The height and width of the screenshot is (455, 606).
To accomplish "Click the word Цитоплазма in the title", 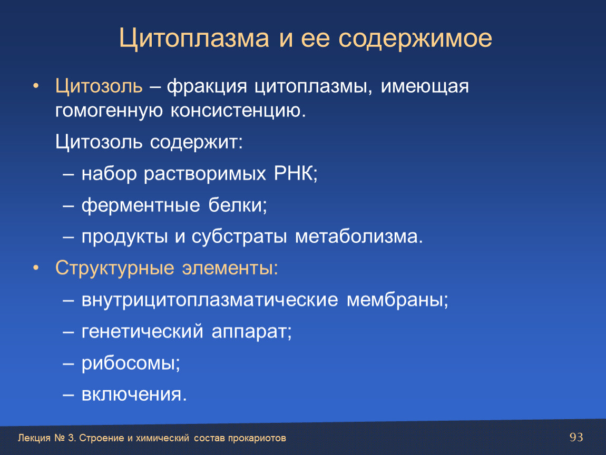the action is [194, 38].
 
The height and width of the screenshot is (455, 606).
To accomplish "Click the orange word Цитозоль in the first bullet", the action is [99, 86].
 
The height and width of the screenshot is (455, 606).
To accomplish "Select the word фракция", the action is [207, 86].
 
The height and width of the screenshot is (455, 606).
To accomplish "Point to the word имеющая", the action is [425, 86].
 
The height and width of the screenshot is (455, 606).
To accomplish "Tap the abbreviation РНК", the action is [295, 173].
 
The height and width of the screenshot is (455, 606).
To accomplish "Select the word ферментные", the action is [141, 205].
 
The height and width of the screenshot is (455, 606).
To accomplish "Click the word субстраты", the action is [239, 237].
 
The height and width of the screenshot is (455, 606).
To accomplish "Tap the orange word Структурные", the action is [115, 268].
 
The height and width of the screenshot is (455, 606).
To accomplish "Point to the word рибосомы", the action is [131, 363].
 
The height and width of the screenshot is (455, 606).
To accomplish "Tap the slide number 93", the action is [576, 437].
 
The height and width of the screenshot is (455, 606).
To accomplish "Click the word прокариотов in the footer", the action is [257, 438].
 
